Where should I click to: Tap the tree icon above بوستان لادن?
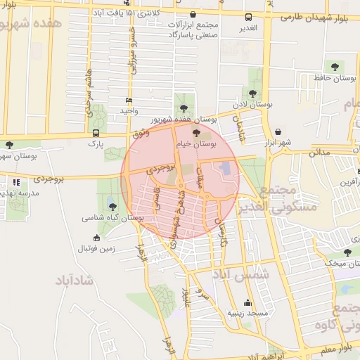[x=252, y=93]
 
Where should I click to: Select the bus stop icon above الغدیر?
[x=247, y=17]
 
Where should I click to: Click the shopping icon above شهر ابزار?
[x=278, y=131]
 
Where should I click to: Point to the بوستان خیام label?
[x=199, y=143]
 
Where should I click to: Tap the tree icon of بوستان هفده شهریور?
[x=184, y=108]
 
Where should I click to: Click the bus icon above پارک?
[x=96, y=132]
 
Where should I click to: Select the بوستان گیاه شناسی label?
[x=112, y=219]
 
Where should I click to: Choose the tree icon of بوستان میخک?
[x=347, y=252]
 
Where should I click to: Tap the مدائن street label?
[x=319, y=151]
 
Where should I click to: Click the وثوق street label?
[x=141, y=132]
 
